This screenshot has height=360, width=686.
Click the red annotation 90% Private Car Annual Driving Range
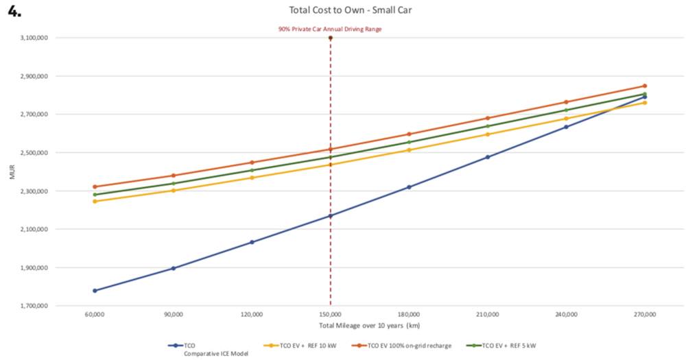[330, 29]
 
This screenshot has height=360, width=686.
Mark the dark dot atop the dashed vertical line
[331, 38]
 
